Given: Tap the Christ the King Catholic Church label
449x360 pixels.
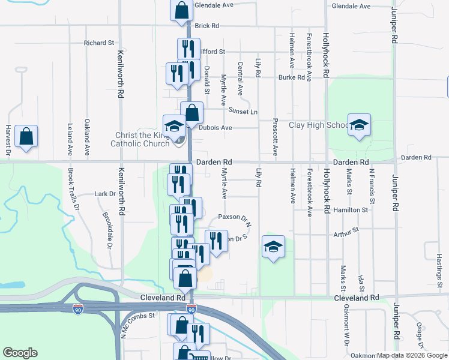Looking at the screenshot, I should tap(139, 139).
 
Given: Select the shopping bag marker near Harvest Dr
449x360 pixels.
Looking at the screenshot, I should tap(26, 136).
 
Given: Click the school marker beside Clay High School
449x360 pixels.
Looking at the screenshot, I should tap(359, 125).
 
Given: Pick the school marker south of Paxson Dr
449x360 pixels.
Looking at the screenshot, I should tap(273, 247).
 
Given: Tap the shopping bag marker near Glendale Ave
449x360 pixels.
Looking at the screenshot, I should tap(181, 10).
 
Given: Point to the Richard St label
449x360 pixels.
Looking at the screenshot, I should tap(99, 43).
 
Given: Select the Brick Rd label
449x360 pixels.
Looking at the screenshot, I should tap(206, 26).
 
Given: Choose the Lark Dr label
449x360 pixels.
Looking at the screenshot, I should tap(104, 194).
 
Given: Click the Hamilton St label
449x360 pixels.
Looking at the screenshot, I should tap(351, 210).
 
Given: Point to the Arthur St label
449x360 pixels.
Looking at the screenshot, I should tap(346, 230).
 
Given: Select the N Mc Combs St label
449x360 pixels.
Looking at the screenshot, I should tap(138, 323).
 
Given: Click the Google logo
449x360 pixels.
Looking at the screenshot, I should tap(20, 353).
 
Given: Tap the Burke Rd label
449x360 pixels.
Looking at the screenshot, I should tap(291, 77).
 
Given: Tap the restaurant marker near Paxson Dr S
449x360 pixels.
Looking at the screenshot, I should tap(216, 241).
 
